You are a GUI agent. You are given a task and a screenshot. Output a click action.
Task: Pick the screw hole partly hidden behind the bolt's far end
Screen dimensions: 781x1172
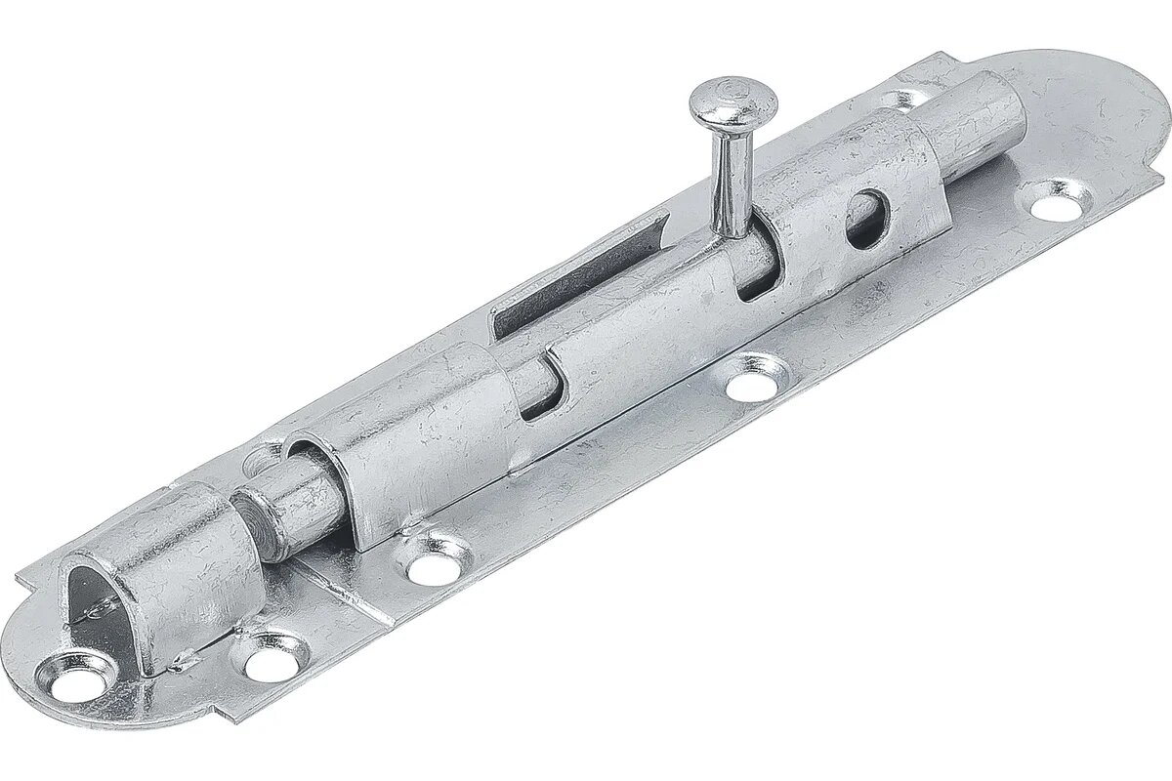click(x=906, y=98)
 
